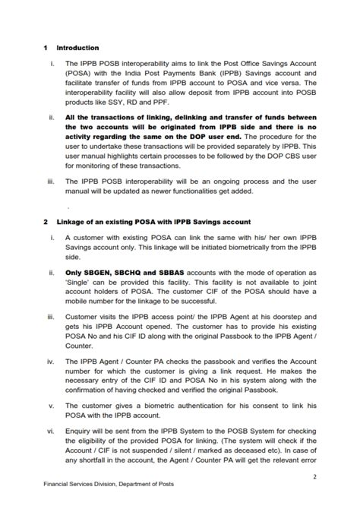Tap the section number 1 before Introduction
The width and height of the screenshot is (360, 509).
tap(46, 48)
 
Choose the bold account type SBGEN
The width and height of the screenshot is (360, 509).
tap(96, 272)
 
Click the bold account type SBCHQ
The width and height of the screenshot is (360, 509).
tap(134, 272)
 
